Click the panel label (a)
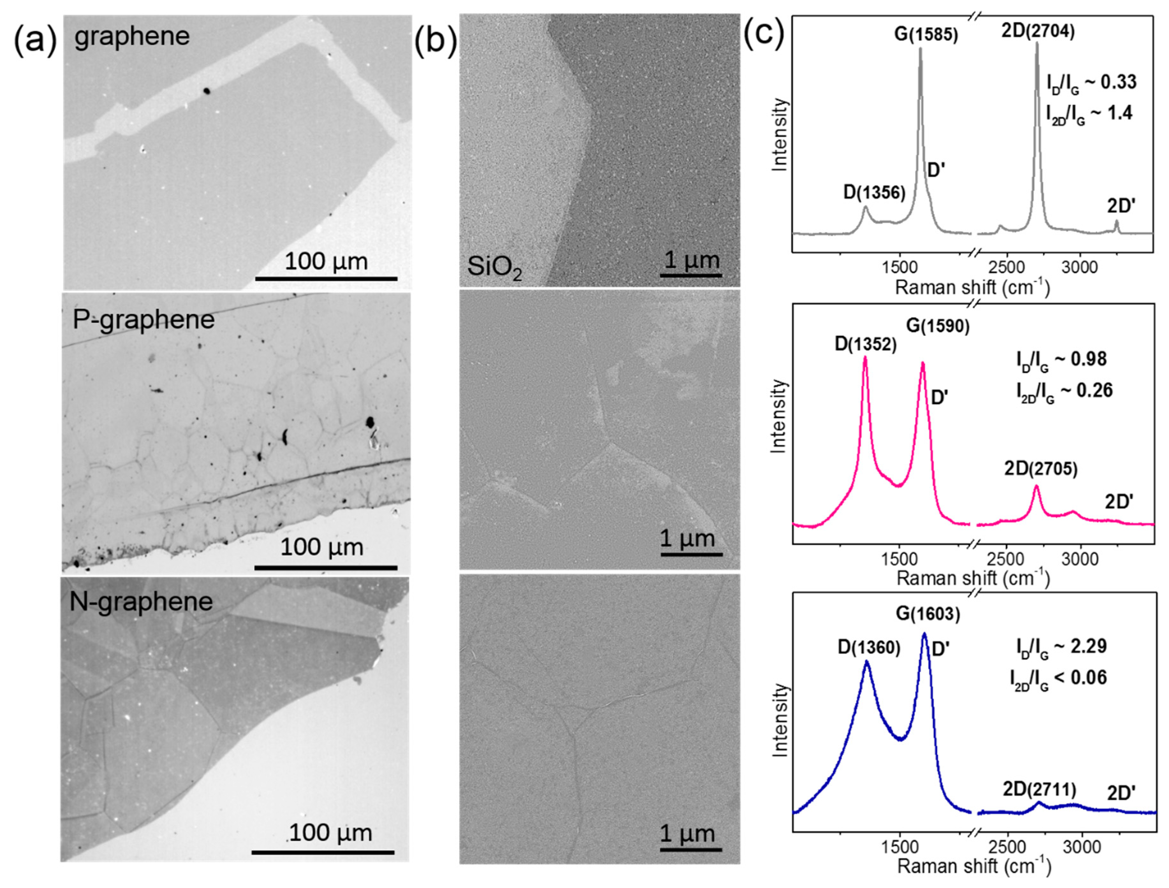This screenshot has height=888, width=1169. [34, 39]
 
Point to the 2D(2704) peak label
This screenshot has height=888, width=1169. [1038, 32]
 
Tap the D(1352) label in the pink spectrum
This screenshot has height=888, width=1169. [865, 345]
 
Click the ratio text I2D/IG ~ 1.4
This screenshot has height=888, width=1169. [1089, 114]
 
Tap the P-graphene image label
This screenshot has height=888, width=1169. [143, 320]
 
